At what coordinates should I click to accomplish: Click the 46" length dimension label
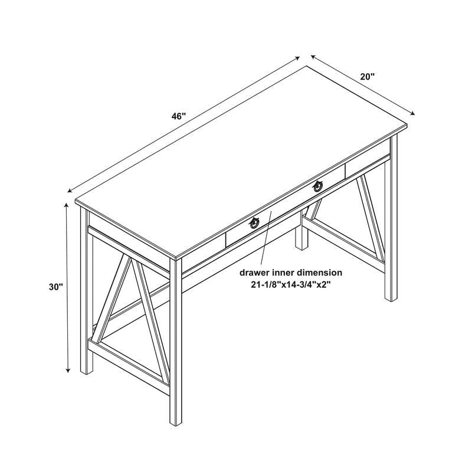[179, 116]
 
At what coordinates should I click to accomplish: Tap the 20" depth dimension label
[368, 77]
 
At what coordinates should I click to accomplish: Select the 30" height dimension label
[56, 287]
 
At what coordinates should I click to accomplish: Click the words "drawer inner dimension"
[290, 273]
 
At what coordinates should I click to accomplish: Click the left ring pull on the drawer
[254, 223]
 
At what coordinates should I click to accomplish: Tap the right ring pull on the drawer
[319, 186]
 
